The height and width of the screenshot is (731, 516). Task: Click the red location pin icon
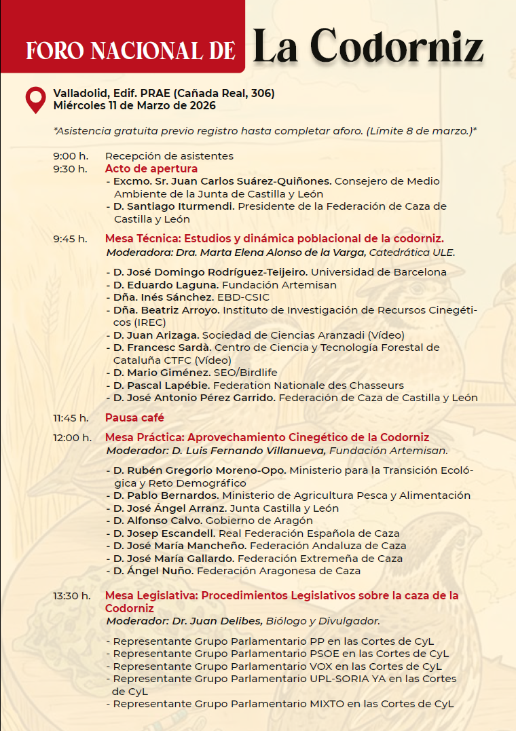tap(35, 99)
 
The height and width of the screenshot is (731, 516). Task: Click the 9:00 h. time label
tap(71, 156)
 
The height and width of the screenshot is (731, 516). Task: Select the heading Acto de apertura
tap(151, 168)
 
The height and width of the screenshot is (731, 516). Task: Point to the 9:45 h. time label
tap(71, 238)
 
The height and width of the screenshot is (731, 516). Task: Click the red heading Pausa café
tap(134, 417)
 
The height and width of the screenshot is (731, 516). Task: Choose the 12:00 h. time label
tap(73, 437)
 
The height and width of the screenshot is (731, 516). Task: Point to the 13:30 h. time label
tap(72, 596)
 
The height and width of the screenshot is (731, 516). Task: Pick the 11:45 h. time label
tap(71, 417)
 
